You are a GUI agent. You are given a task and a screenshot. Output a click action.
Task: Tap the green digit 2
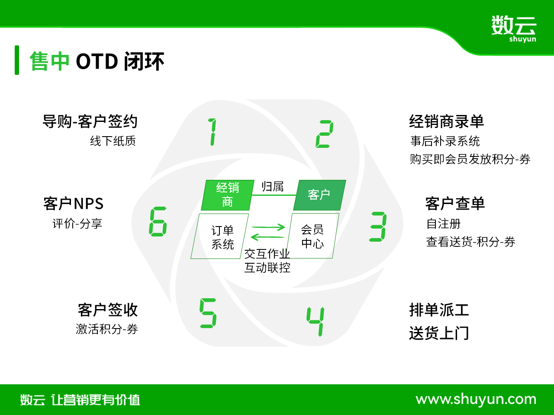(325, 134)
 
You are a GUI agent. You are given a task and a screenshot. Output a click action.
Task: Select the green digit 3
(378, 227)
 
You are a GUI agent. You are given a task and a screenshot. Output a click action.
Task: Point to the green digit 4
(316, 322)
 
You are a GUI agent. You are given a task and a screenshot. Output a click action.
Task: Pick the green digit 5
(208, 313)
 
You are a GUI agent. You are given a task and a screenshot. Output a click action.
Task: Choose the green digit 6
(158, 221)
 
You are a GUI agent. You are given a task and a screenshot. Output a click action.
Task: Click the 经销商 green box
(228, 195)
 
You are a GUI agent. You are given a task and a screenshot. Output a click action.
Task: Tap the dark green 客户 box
(319, 195)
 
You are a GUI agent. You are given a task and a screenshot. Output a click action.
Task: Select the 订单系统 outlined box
(220, 236)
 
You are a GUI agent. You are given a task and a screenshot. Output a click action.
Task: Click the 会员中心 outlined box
(312, 236)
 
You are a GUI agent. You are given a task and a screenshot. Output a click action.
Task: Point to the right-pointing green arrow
(268, 227)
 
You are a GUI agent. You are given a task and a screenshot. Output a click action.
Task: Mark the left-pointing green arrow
(267, 237)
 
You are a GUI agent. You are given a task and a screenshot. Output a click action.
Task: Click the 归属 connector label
(272, 187)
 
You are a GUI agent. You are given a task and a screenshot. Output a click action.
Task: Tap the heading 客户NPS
(74, 204)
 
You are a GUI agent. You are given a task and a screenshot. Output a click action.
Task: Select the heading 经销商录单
(447, 121)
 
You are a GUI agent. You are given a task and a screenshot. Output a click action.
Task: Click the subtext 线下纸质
(113, 141)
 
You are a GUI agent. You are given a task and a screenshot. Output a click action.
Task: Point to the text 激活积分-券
(107, 329)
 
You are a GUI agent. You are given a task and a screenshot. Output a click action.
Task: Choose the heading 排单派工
(439, 310)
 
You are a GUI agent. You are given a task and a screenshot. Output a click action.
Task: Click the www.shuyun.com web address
(476, 399)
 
